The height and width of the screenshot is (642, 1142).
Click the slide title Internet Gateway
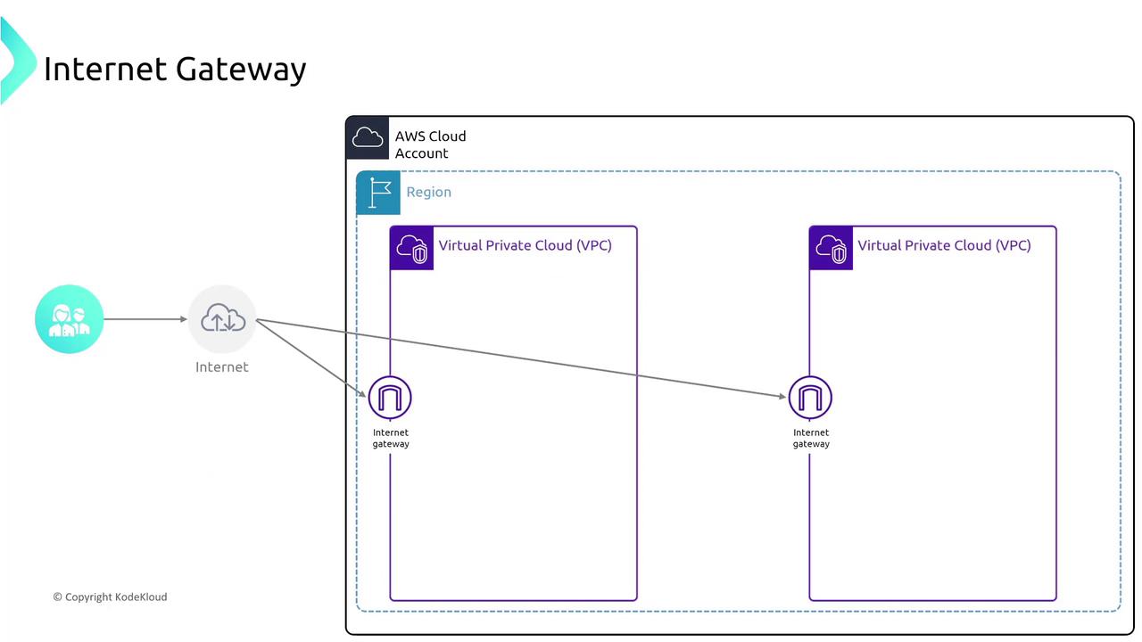coord(175,69)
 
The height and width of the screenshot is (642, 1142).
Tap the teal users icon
coord(70,319)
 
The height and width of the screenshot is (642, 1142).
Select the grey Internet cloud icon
coord(222,318)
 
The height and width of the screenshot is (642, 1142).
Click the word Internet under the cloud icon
coord(222,366)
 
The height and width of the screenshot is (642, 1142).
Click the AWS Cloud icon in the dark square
coord(368,137)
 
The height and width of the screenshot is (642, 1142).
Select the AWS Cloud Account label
coord(430,144)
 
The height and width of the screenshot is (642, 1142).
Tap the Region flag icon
coord(378,193)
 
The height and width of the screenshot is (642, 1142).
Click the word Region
coord(428,192)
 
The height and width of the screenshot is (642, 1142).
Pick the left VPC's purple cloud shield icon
coord(412,248)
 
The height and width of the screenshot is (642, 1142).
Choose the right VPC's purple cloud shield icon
coord(832,248)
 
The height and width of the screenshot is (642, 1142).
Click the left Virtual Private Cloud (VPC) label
coord(525,245)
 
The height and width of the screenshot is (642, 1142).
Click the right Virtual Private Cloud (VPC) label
coord(944,245)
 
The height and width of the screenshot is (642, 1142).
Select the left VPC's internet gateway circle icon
coord(391,398)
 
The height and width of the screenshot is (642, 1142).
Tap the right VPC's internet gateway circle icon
coord(810,398)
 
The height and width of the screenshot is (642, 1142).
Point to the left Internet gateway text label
coord(391,438)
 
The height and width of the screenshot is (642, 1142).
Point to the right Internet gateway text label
coord(811,438)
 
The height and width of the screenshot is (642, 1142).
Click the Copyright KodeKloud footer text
coord(110,597)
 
